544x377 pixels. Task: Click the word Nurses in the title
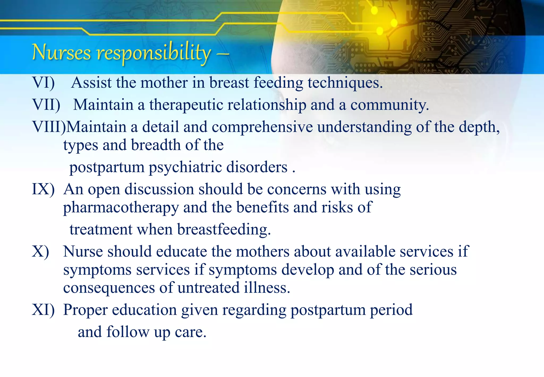click(61, 52)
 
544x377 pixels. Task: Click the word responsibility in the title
click(154, 53)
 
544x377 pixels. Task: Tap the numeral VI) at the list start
click(43, 83)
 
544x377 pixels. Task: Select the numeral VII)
click(46, 105)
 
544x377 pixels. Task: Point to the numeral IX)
click(43, 189)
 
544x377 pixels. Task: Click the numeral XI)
click(43, 310)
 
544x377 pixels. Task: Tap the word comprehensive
click(262, 127)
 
